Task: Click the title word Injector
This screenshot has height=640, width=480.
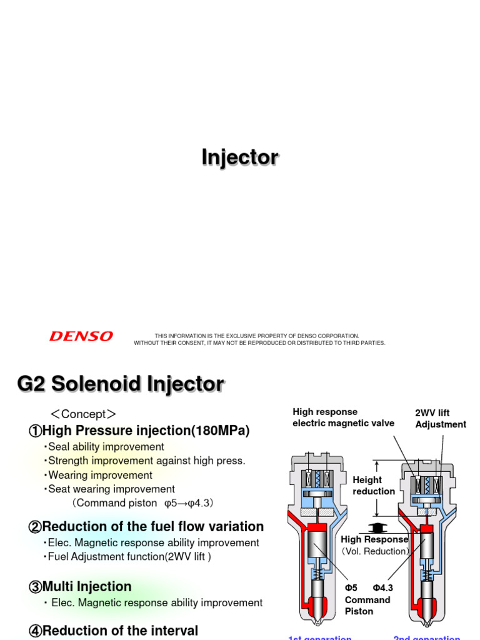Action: click(240, 157)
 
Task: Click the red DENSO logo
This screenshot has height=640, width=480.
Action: click(81, 336)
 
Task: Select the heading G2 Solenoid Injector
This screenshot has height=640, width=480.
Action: click(120, 384)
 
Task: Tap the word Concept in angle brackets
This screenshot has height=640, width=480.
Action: click(83, 414)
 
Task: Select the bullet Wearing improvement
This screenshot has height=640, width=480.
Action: click(98, 475)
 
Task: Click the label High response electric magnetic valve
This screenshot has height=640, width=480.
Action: click(343, 417)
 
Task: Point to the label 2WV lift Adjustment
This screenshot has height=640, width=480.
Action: click(440, 419)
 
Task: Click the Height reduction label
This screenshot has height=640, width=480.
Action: click(374, 486)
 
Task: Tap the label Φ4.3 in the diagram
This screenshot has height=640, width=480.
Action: click(382, 588)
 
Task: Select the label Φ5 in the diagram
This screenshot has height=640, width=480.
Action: click(351, 588)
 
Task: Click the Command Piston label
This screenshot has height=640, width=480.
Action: click(367, 606)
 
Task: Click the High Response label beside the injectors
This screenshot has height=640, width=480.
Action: click(374, 539)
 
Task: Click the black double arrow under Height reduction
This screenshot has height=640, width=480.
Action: click(376, 527)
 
